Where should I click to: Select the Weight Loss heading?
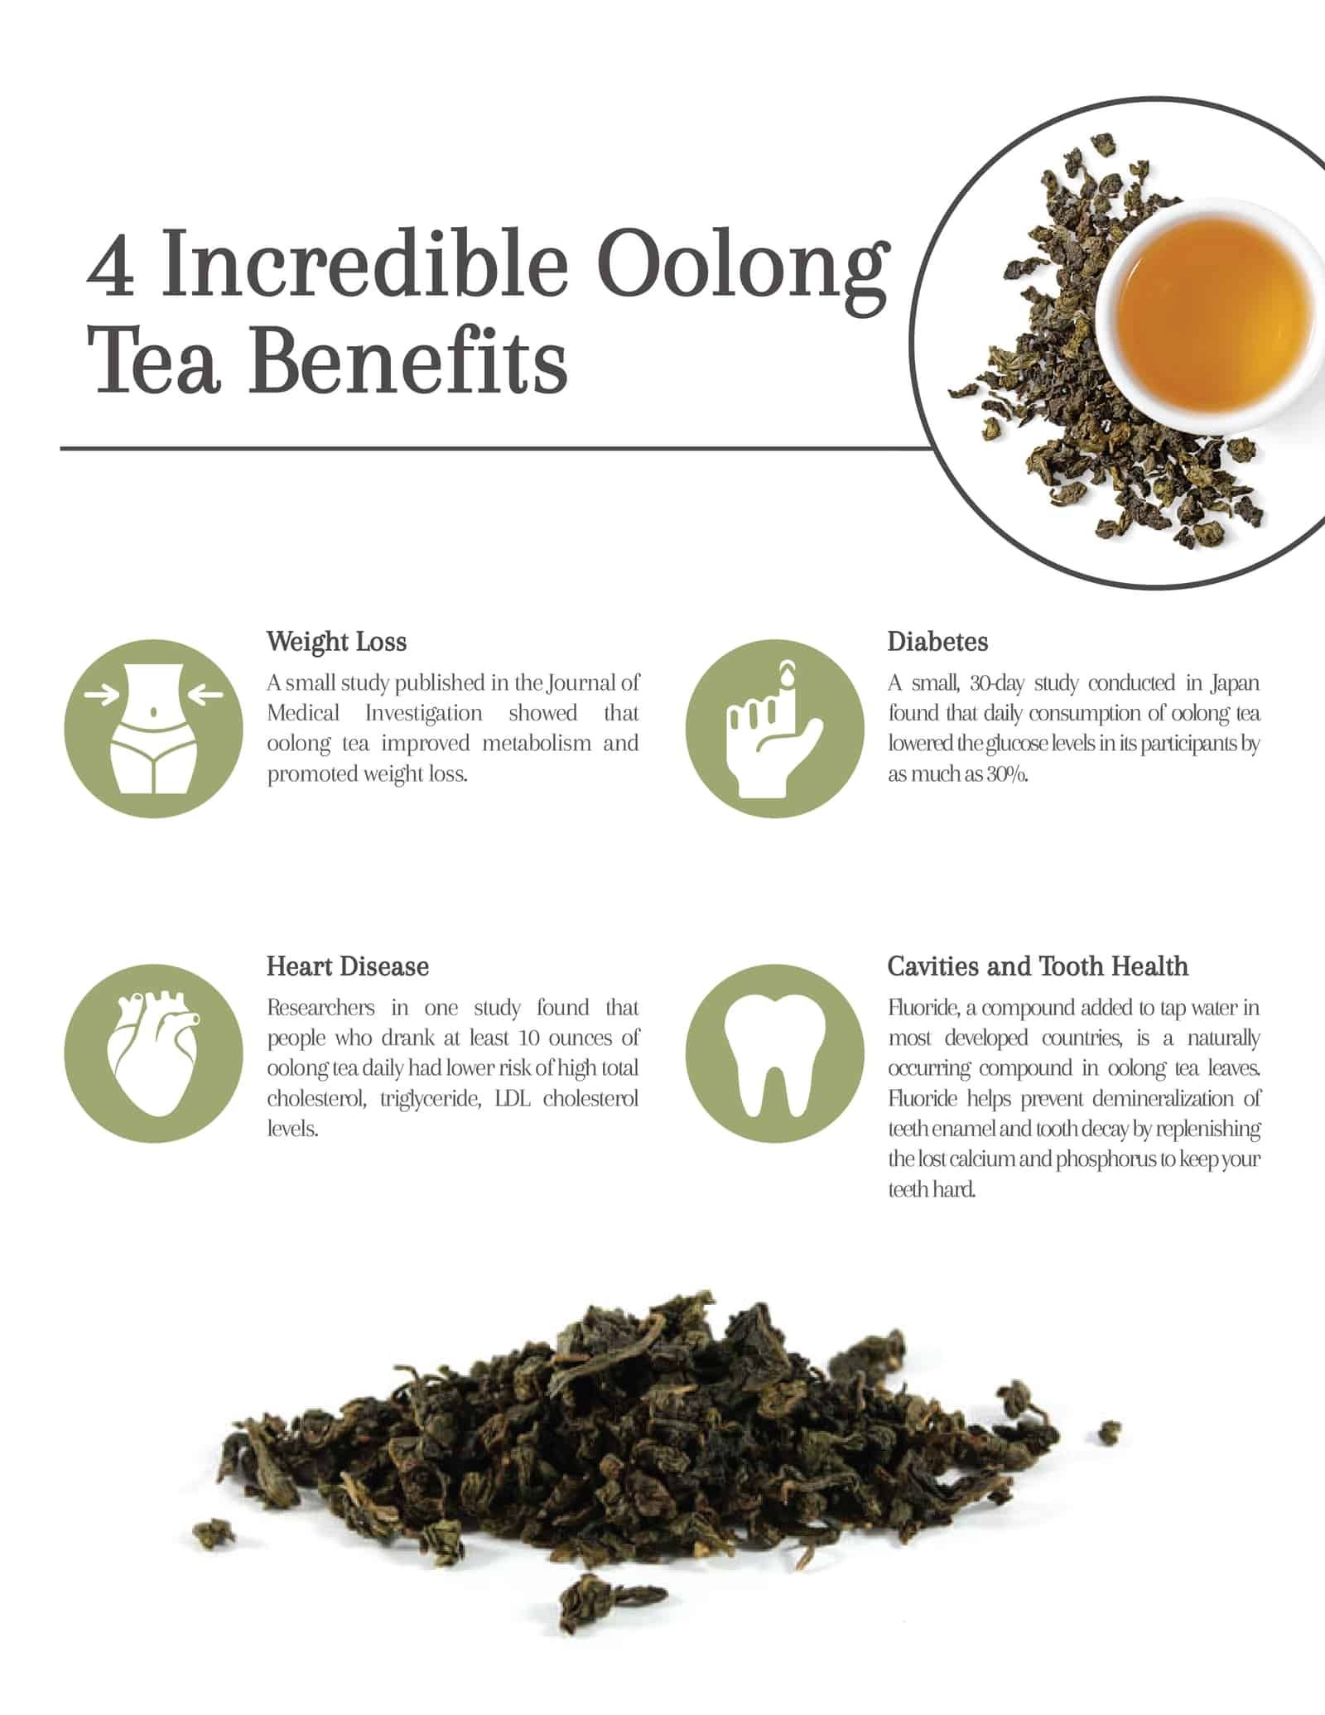(x=336, y=642)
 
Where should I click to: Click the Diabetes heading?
(x=937, y=642)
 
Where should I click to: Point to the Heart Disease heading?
(x=347, y=966)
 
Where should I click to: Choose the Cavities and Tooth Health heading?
(x=1037, y=966)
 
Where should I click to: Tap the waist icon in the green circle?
(x=154, y=728)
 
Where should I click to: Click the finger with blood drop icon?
(x=774, y=728)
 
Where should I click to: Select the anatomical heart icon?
(x=154, y=1053)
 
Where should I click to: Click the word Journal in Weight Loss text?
(x=582, y=684)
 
